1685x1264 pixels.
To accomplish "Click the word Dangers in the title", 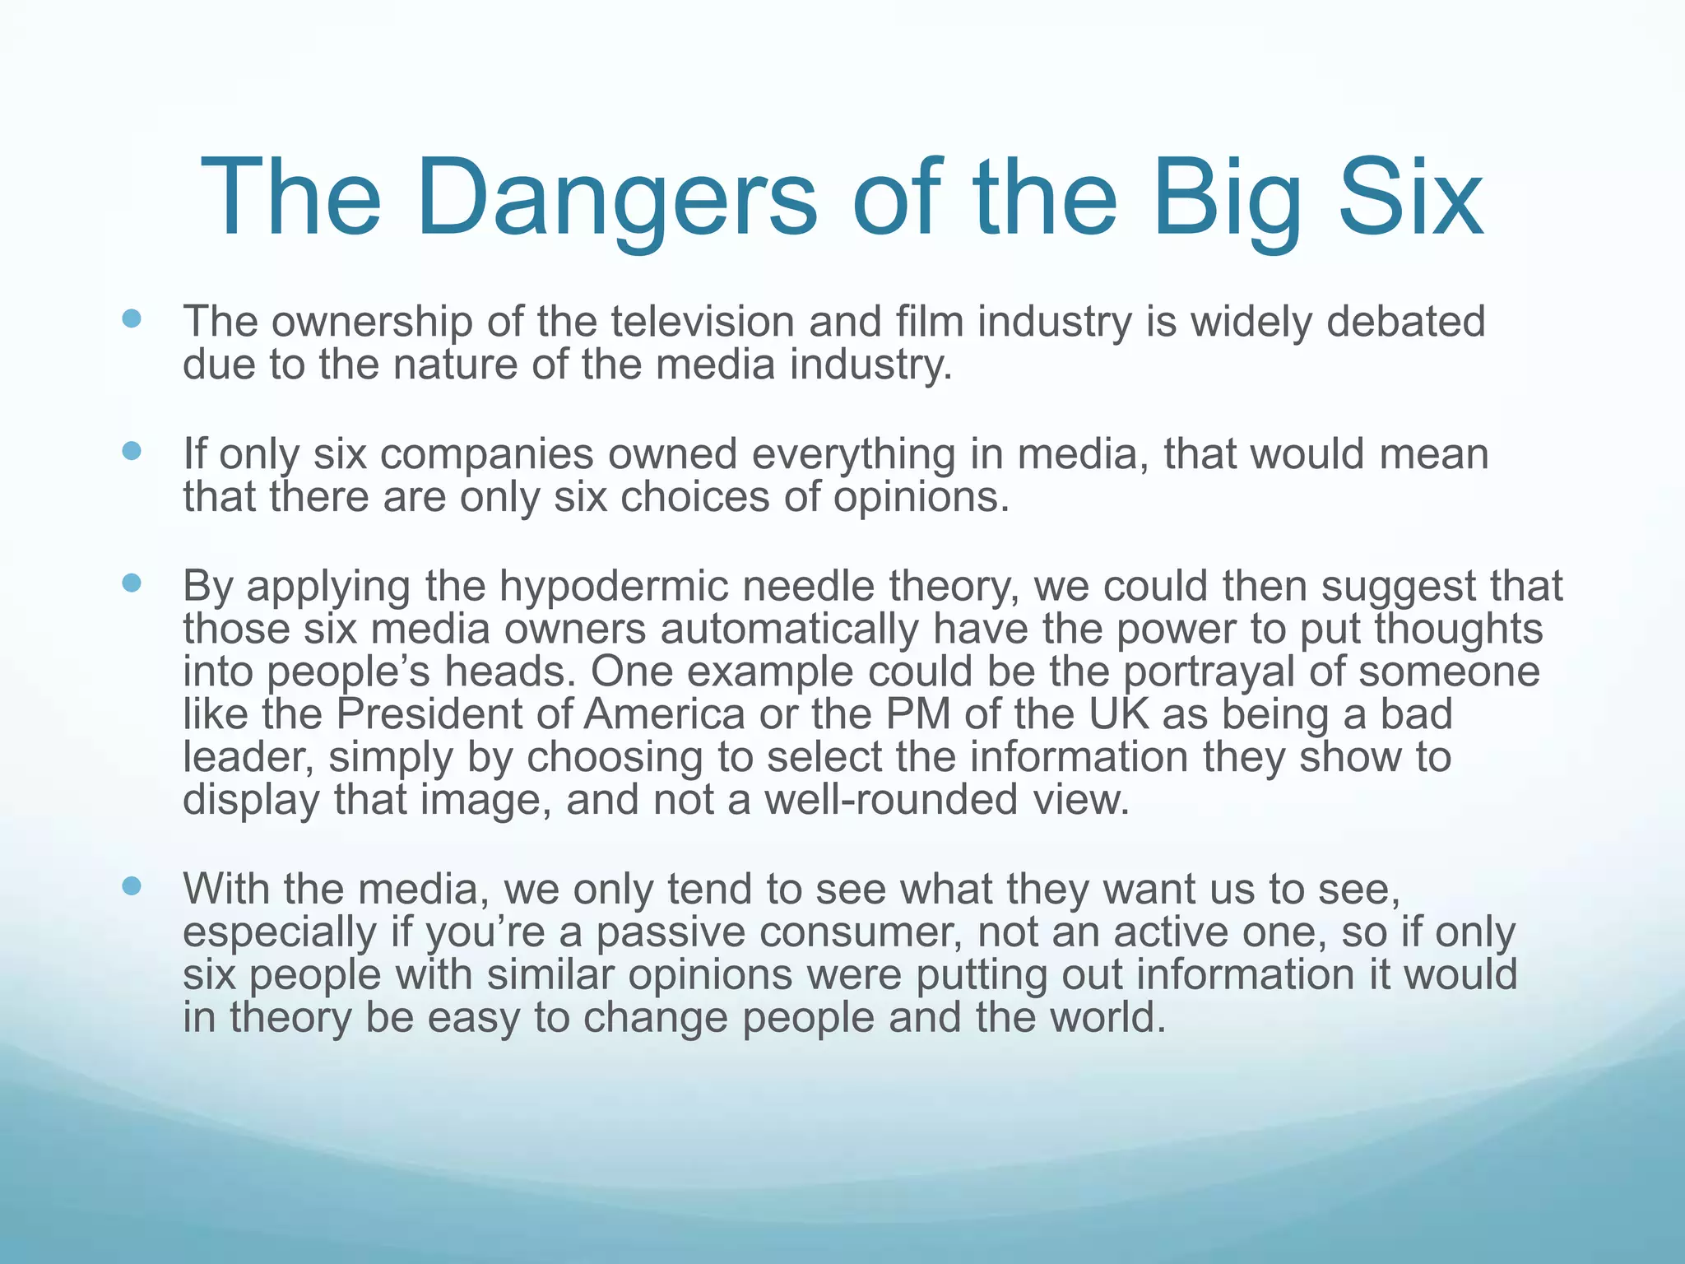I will [617, 200].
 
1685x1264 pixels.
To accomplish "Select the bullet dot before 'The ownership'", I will [132, 318].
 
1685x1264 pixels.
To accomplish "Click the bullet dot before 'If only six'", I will [132, 451].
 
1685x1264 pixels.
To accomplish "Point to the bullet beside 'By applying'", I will [132, 583].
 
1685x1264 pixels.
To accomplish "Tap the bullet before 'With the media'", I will [132, 886].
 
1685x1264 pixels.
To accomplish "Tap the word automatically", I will [789, 630].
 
